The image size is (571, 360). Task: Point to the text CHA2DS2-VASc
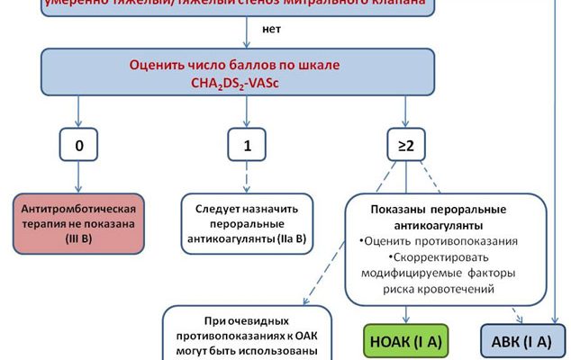click(x=246, y=81)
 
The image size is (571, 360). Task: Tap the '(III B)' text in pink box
click(x=68, y=239)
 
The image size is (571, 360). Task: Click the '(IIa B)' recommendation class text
click(x=285, y=239)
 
